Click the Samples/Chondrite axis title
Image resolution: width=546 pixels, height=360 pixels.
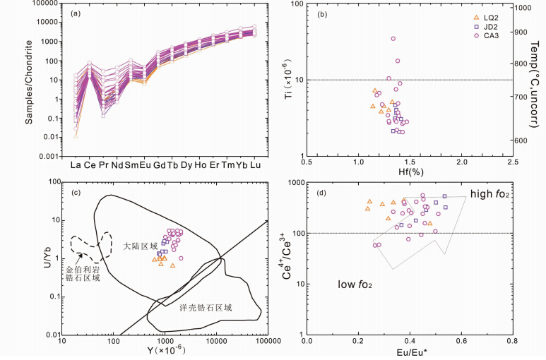coord(29,83)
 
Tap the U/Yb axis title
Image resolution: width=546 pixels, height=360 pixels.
coord(29,258)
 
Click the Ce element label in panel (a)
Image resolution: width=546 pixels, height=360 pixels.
coord(89,166)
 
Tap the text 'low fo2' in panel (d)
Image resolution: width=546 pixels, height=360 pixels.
coord(355,285)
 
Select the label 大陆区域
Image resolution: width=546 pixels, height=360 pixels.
coord(139,247)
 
